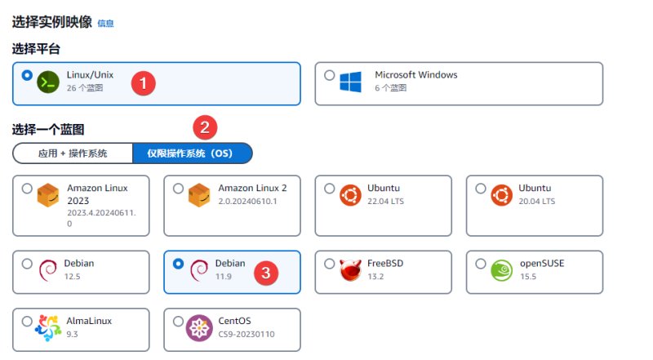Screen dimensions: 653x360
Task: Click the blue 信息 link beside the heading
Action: click(x=105, y=24)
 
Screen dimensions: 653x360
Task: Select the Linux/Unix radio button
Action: click(x=27, y=75)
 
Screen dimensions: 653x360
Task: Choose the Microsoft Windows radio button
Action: click(x=330, y=75)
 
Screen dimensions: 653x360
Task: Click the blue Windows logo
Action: click(x=350, y=82)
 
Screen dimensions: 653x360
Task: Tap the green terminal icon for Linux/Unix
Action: click(x=48, y=82)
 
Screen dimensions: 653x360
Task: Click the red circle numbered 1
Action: click(x=144, y=83)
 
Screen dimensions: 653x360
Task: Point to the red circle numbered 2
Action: click(x=205, y=127)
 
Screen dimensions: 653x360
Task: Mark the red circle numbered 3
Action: click(x=266, y=273)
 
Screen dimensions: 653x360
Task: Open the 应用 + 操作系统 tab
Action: click(x=73, y=153)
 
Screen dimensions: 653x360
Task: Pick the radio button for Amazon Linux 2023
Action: click(x=27, y=189)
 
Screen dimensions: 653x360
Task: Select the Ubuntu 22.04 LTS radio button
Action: click(x=330, y=189)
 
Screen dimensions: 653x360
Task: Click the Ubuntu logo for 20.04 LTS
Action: click(x=502, y=195)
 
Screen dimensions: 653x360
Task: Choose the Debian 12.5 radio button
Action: click(x=27, y=264)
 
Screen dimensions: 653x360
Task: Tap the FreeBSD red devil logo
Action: click(x=350, y=270)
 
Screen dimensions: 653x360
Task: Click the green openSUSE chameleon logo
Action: click(x=501, y=270)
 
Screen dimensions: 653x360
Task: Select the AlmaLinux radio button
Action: click(x=27, y=322)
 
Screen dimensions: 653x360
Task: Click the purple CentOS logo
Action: click(x=199, y=328)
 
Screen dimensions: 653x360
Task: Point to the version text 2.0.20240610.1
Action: click(x=248, y=202)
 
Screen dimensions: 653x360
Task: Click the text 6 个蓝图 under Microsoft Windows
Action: click(x=391, y=88)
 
